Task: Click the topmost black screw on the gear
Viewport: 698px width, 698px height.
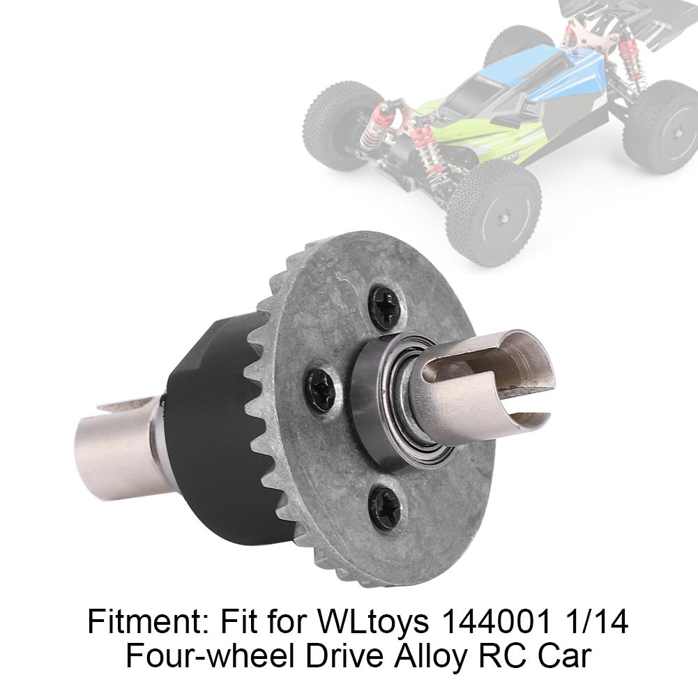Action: (x=385, y=308)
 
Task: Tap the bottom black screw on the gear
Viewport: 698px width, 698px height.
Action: (x=386, y=507)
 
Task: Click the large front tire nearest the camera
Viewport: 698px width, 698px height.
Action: (x=494, y=213)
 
